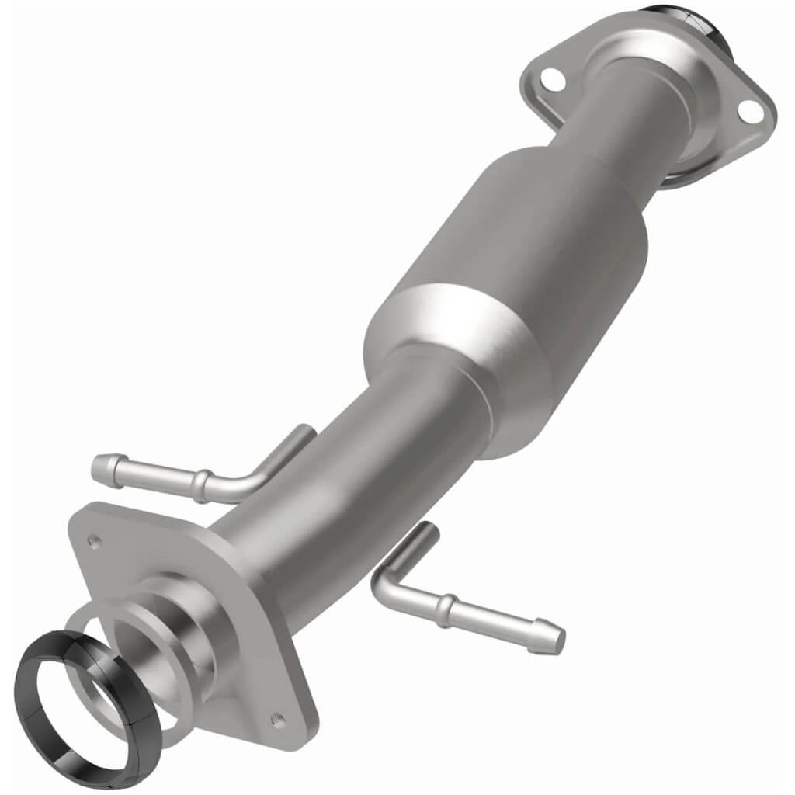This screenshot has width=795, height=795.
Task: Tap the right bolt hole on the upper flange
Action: point(748,111)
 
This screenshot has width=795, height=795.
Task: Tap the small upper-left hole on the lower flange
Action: point(95,542)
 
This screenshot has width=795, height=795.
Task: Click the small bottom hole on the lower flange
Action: point(277,720)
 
